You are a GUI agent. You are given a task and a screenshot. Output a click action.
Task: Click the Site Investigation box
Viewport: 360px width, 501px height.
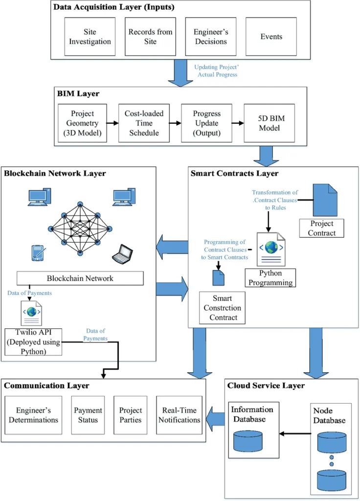(90, 37)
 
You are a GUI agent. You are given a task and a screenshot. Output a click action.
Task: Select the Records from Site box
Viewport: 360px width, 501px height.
(150, 37)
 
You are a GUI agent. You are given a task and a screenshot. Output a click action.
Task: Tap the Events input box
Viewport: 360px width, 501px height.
(271, 37)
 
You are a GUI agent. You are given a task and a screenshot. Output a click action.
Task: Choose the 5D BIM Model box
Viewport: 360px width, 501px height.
(270, 122)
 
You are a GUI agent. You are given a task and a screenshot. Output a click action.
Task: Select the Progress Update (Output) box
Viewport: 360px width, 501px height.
(206, 122)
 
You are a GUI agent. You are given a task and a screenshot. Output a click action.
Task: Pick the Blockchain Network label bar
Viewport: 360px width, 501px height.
(80, 278)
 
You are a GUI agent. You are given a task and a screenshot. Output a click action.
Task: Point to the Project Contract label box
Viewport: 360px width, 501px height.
(322, 228)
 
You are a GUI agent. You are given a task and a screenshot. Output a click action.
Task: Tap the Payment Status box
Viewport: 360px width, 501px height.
(88, 415)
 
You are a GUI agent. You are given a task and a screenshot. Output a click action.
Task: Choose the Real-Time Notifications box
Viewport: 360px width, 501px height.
(179, 415)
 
